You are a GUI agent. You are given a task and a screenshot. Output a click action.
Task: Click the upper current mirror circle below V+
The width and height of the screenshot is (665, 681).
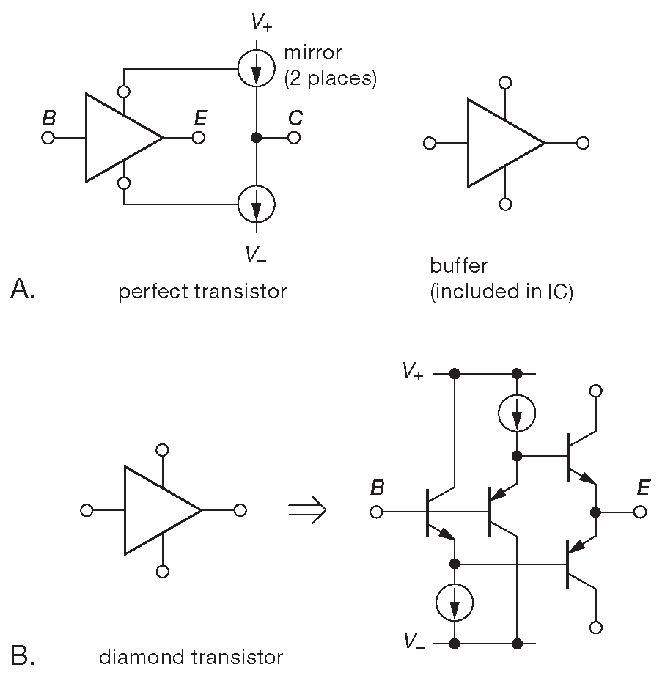coord(257,70)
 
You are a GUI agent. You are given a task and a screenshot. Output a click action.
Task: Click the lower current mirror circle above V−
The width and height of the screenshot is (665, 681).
coord(257,203)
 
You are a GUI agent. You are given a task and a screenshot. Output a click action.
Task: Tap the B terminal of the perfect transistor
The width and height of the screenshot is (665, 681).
coord(48,138)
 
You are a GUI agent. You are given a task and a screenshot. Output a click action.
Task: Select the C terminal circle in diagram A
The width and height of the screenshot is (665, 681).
coord(294,138)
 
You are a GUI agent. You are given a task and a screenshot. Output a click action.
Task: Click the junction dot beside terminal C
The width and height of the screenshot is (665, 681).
coord(257,138)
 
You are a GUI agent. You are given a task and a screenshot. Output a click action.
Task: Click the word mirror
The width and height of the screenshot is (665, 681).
coord(314,54)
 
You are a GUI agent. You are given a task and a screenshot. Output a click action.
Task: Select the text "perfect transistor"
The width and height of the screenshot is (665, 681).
coord(202,292)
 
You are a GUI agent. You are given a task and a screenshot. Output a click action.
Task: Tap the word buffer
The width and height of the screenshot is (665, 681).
coord(458,265)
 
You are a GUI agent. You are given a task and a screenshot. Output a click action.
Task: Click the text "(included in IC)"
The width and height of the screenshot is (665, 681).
coord(501,292)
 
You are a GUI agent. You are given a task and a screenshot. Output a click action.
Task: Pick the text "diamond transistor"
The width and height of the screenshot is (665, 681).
coord(191,657)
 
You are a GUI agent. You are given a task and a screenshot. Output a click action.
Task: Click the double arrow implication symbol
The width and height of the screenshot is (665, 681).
coord(306,511)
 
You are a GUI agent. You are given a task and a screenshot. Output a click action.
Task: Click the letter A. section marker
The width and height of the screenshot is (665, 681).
coord(23,290)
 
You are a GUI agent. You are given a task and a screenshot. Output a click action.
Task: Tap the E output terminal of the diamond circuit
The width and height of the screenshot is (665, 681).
coord(641,511)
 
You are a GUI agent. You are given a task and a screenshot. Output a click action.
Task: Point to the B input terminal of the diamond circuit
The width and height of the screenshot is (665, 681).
coord(377,511)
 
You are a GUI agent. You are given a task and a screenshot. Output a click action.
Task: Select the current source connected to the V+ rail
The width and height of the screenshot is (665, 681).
coord(517,414)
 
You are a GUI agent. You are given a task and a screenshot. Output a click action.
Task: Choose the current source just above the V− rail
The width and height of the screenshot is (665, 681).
coord(455,603)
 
